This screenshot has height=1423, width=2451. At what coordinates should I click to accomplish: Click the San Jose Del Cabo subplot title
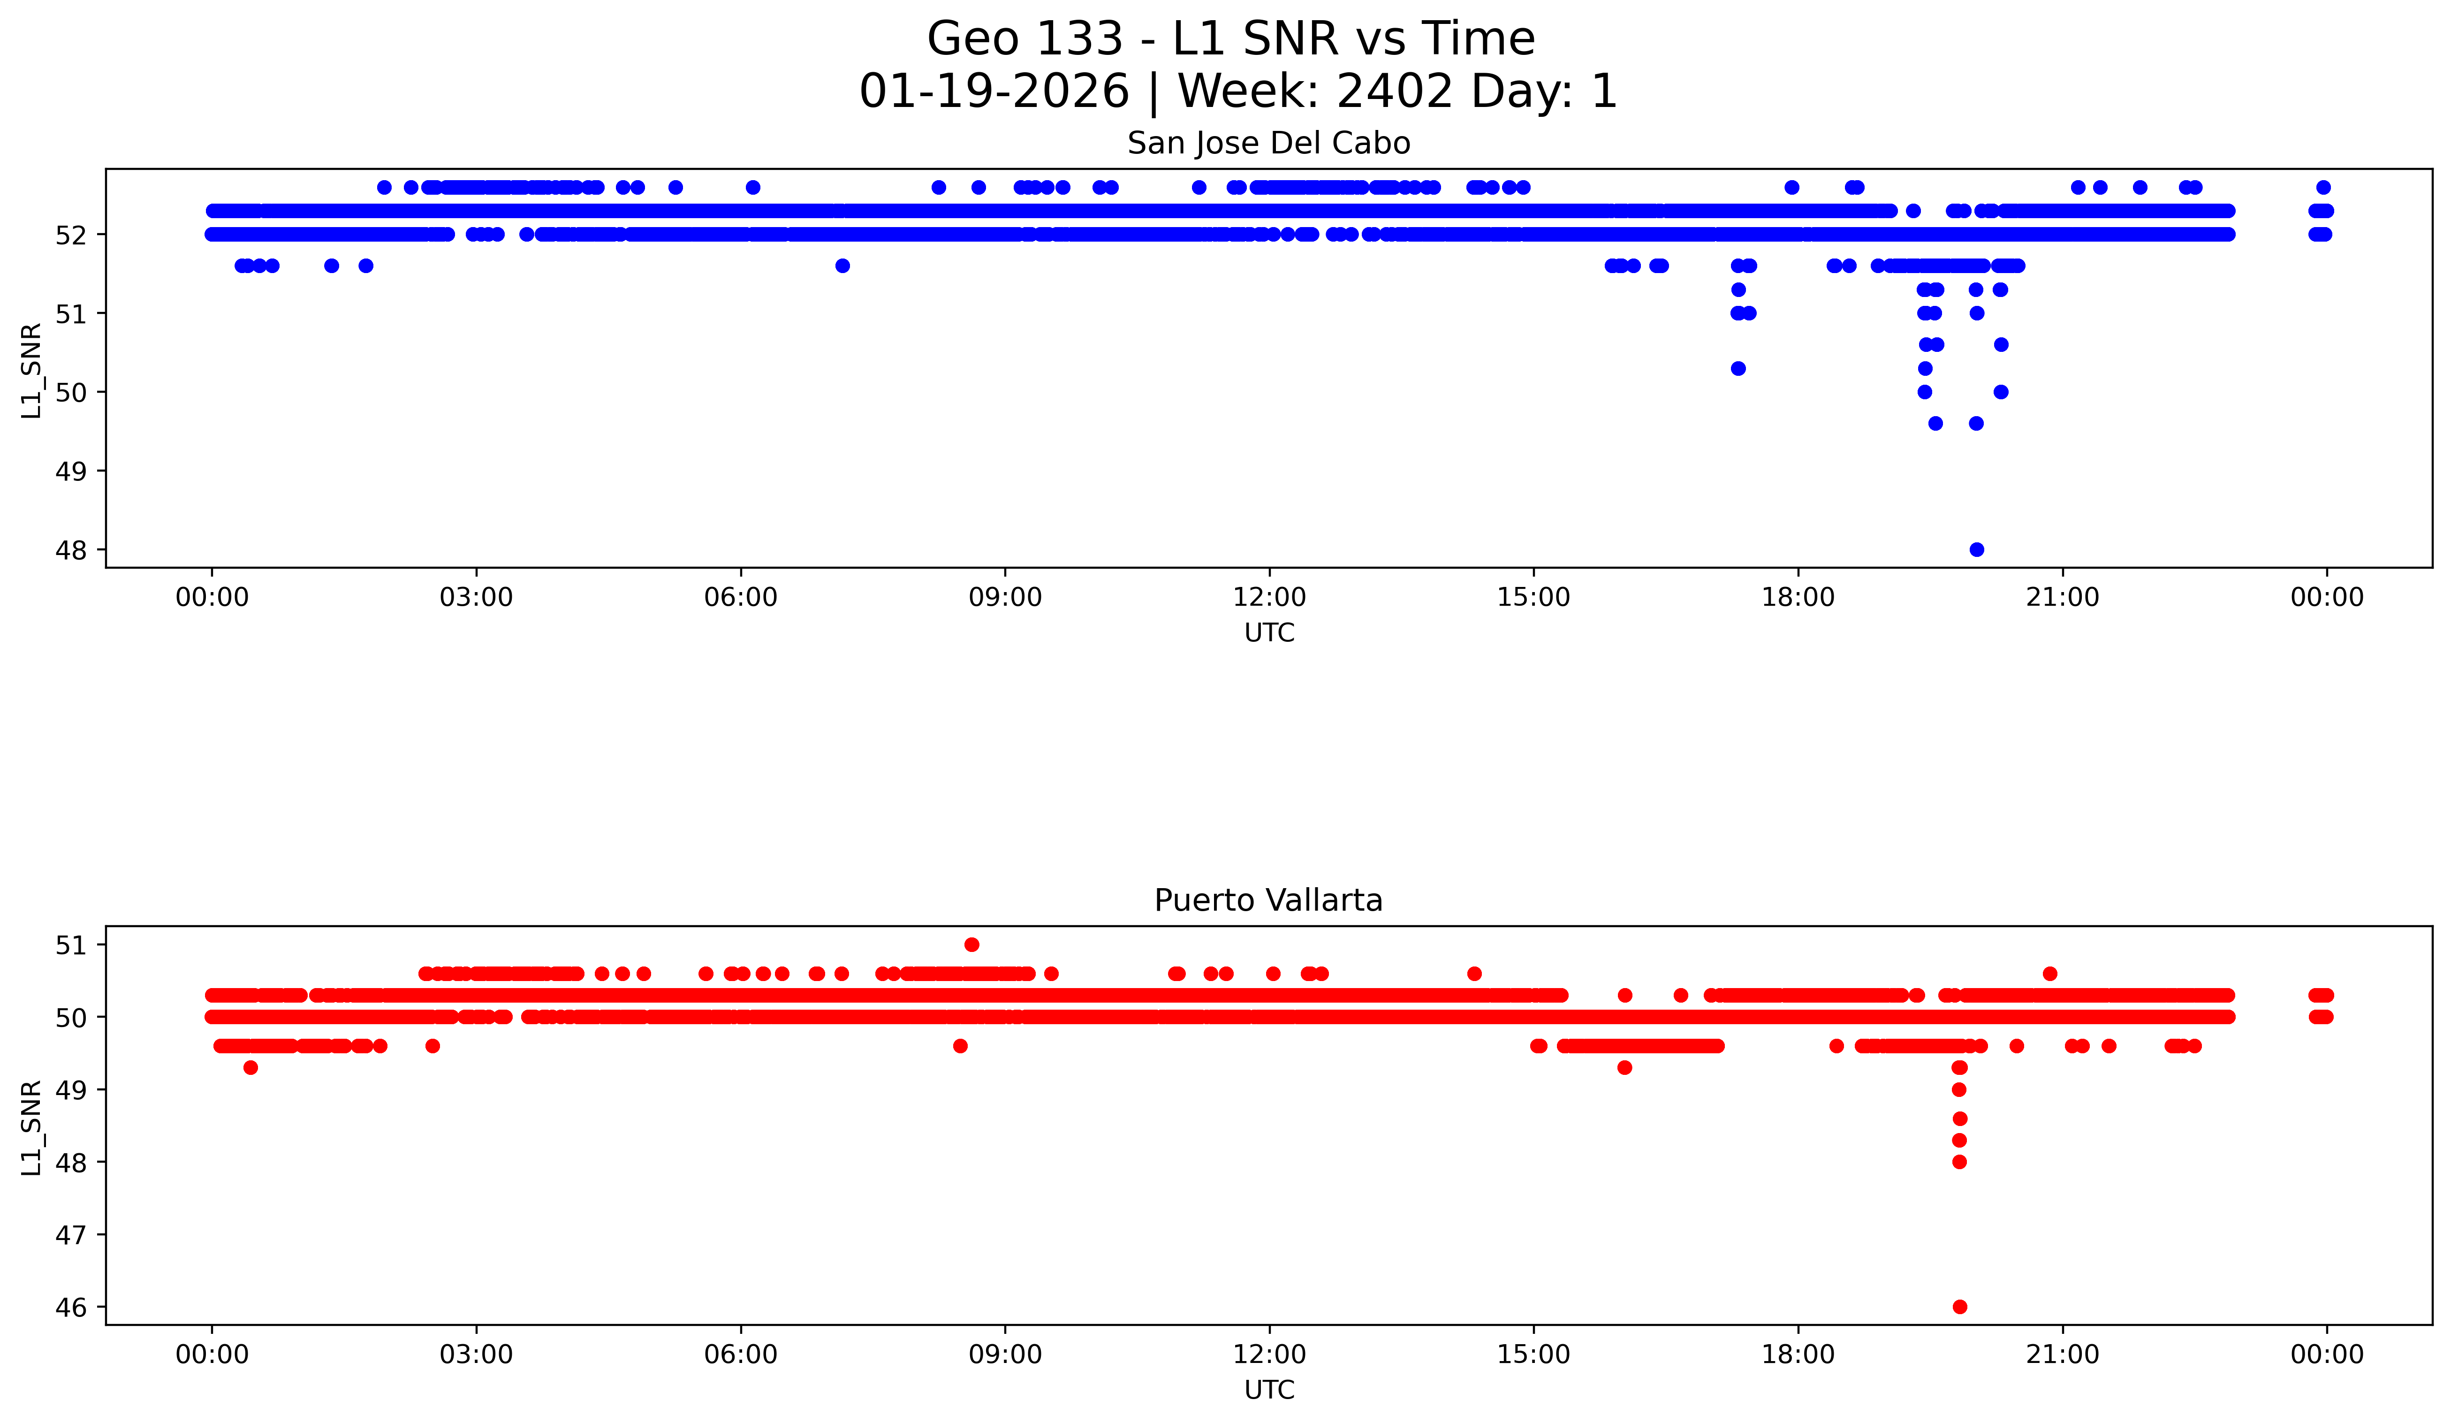[1268, 144]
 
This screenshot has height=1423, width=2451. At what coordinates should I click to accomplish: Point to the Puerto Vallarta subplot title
[1268, 901]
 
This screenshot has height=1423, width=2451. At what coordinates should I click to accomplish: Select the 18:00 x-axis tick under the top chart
[1798, 597]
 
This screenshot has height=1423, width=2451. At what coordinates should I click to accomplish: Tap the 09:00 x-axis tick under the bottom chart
[1005, 1354]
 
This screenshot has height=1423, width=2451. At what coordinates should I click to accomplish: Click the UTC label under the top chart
[1268, 633]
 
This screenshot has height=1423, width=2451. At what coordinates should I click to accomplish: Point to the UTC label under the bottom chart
[1268, 1390]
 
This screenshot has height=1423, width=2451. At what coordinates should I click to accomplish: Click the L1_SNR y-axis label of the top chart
[32, 371]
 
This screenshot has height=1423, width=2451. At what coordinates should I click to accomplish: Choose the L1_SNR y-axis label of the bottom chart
[32, 1127]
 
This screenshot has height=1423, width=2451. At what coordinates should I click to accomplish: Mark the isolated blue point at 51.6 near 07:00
[842, 266]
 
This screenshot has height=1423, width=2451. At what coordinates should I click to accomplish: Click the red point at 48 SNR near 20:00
[1959, 1161]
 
